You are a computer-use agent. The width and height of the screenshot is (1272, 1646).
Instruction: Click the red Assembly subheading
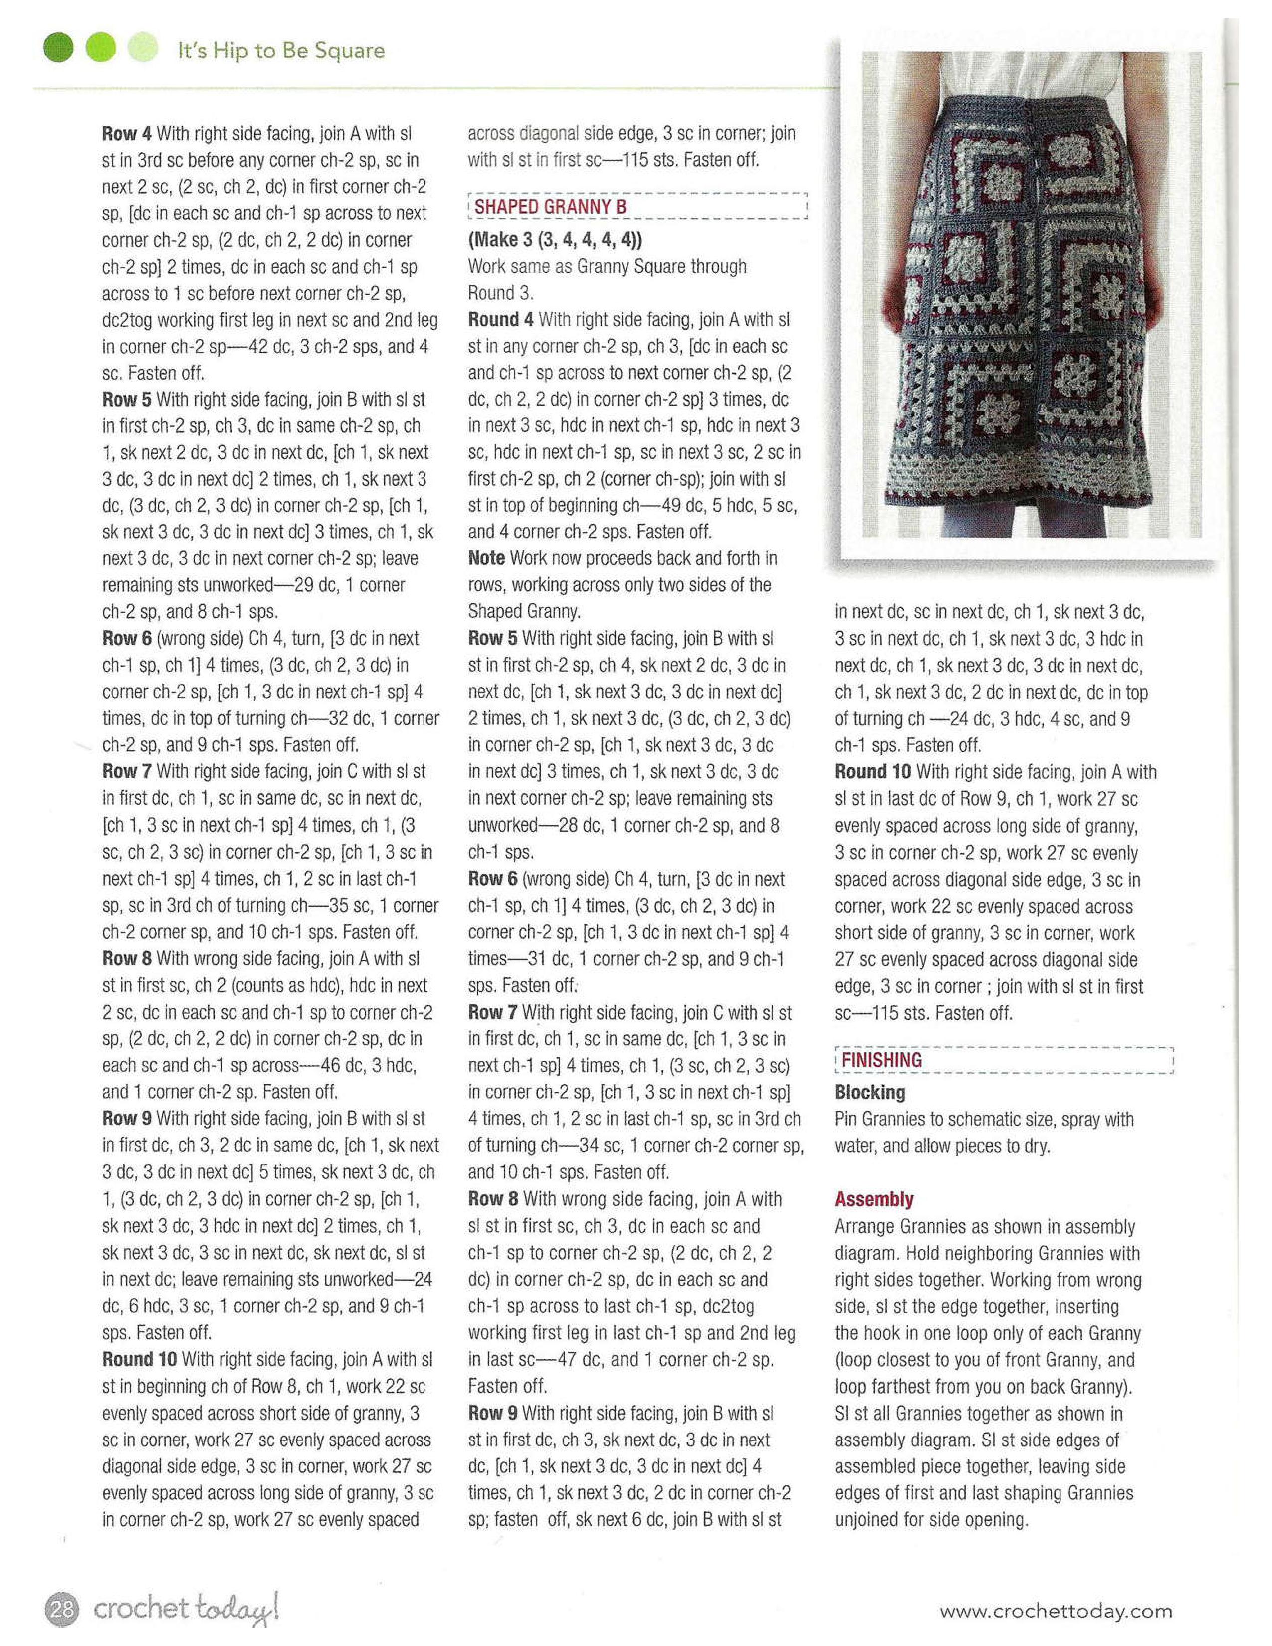[873, 1199]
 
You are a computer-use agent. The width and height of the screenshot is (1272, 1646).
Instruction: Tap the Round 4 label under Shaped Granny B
[500, 320]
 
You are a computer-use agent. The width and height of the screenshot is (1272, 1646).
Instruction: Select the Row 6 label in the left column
[127, 639]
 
